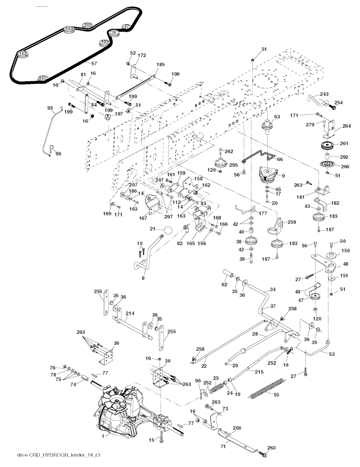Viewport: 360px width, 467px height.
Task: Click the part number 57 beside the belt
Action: [94, 63]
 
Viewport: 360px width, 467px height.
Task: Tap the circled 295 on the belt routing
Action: [87, 25]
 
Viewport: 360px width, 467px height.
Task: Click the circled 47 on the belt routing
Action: [127, 26]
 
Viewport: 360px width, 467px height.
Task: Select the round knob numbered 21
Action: [168, 231]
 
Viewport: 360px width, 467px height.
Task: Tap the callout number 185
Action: [161, 64]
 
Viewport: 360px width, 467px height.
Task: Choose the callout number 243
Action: [324, 94]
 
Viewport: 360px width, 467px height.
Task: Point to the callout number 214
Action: [130, 314]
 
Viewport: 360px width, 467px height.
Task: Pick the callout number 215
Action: [259, 372]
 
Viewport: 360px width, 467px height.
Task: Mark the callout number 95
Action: [50, 108]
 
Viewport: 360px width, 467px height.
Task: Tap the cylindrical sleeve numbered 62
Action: [229, 274]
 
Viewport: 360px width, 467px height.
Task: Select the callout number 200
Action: [237, 428]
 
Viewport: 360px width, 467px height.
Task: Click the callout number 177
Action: [263, 213]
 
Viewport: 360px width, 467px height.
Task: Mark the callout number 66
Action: [280, 159]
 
